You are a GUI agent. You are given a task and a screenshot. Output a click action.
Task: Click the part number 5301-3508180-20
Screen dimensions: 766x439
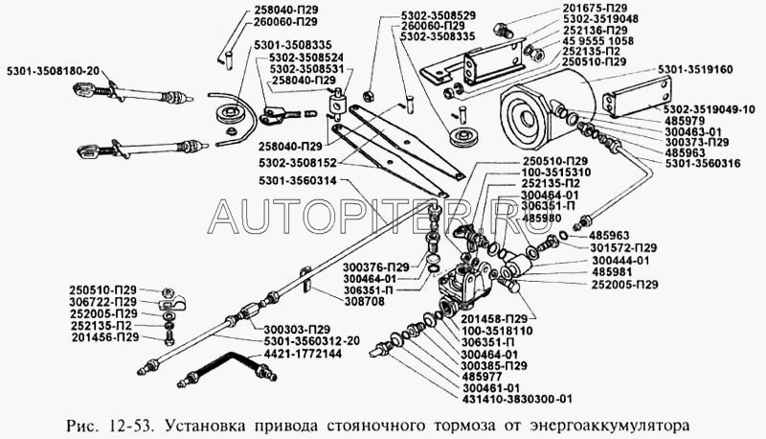tap(54, 71)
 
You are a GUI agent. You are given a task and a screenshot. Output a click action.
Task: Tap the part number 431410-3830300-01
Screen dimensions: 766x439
tap(516, 399)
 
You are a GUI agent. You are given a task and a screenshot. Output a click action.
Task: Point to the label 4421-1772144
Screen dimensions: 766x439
tap(303, 353)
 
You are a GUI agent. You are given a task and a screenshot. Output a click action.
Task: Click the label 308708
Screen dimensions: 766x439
tap(365, 302)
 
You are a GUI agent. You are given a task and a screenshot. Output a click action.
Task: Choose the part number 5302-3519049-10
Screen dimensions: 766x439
tap(709, 109)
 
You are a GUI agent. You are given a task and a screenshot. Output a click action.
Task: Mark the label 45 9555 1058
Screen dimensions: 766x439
tap(597, 41)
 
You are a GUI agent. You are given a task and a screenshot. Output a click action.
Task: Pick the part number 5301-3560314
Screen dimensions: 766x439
tap(298, 181)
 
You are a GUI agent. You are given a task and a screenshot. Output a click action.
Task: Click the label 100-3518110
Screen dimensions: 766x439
tap(497, 331)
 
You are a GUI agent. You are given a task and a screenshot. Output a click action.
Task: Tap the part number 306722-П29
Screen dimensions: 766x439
tap(103, 302)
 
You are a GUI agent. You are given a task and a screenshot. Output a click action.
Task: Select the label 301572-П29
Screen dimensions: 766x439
tap(623, 248)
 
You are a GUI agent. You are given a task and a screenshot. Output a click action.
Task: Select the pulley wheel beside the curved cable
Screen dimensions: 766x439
tap(227, 116)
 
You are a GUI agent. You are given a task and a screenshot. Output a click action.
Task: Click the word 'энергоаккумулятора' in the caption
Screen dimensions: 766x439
tap(610, 426)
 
